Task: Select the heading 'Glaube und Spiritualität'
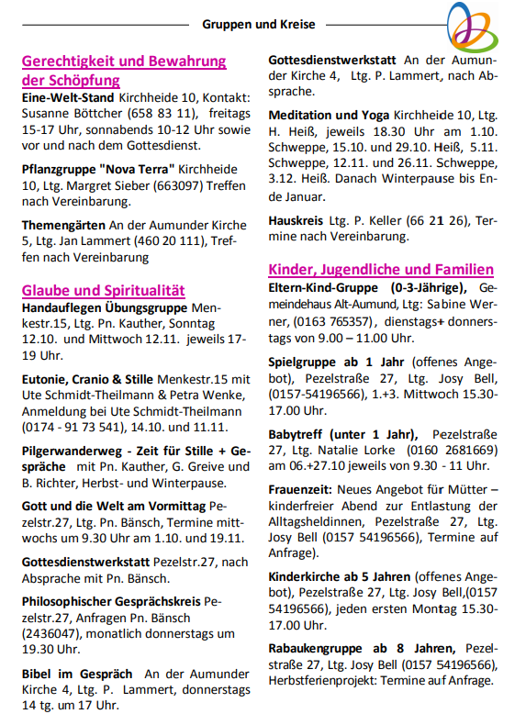[x=104, y=290]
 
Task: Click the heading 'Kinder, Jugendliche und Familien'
[x=381, y=270]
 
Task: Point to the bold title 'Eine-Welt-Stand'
[x=68, y=97]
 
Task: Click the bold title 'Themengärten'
[x=62, y=226]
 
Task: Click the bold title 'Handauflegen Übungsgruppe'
[x=103, y=307]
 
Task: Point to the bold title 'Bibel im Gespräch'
[x=77, y=673]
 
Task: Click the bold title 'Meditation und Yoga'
[x=329, y=116]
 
